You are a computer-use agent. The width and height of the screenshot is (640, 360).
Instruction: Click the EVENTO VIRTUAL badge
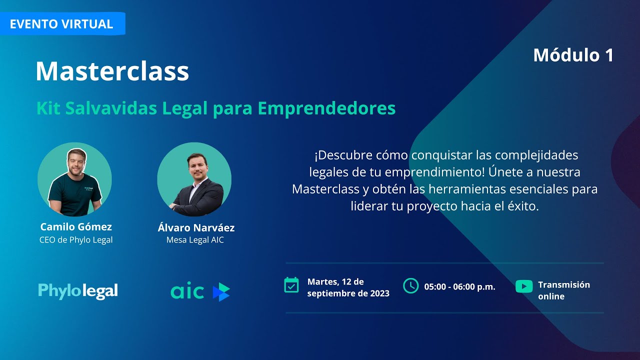61,24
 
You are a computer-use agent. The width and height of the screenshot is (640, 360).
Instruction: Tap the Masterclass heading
112,71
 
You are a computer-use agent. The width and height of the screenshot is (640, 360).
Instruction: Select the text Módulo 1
573,55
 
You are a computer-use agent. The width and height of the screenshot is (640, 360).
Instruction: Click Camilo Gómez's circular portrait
74,179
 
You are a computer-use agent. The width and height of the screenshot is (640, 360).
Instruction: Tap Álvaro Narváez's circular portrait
194,179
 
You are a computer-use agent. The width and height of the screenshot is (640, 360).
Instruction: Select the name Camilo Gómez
76,227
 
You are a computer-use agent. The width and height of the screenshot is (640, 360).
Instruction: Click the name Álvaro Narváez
196,228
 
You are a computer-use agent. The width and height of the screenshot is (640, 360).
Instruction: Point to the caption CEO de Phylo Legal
76,240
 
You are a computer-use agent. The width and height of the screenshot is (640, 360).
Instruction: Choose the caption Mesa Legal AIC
195,240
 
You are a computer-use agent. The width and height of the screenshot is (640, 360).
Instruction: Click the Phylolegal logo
78,291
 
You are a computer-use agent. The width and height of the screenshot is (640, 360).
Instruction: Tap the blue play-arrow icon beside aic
221,291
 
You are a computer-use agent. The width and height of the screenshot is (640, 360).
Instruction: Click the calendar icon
291,285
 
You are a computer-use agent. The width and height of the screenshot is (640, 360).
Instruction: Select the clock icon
410,285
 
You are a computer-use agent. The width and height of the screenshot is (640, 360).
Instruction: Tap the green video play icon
524,286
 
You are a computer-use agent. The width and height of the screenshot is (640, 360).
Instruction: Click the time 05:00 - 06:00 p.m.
459,287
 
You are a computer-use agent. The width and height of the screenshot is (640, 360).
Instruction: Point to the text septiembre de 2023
348,293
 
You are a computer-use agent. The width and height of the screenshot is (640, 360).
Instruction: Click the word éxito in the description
523,206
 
